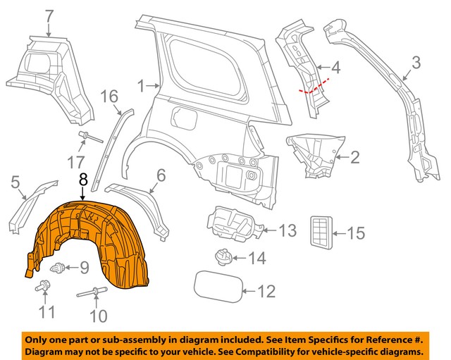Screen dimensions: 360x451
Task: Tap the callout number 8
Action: (x=83, y=180)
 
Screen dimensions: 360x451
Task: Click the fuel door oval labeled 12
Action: (x=215, y=286)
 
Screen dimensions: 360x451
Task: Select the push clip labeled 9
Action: (x=60, y=267)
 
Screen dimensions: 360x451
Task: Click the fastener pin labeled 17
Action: (x=82, y=136)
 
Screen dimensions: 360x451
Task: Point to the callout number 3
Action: (x=416, y=63)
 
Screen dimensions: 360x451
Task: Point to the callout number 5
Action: (x=15, y=185)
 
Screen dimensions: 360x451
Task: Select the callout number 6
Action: (x=161, y=175)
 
